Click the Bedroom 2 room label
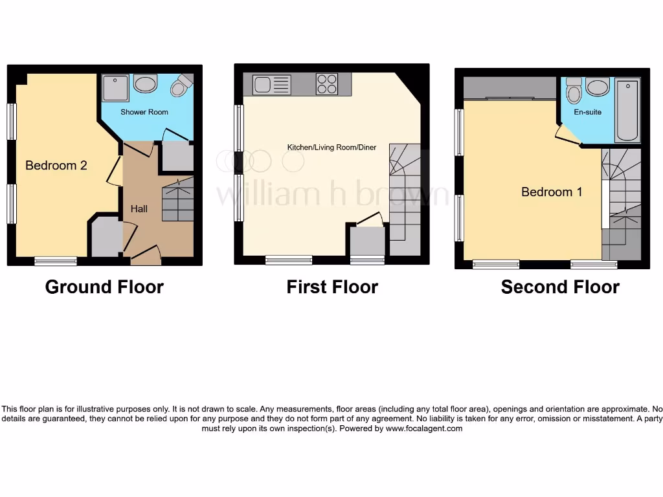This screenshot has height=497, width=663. pos(56,166)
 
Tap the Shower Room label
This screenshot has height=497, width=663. pos(144,112)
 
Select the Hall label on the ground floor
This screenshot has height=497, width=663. pos(139,208)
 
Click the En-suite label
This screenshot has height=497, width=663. pos(588,112)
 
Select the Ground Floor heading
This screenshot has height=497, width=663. pos(104,287)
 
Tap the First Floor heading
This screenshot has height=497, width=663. pos(332,287)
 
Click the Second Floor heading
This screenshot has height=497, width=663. pos(560,287)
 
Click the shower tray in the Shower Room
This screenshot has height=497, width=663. pos(115,88)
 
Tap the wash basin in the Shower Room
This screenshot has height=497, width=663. pos(146,84)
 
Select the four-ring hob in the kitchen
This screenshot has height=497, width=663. pos(326,84)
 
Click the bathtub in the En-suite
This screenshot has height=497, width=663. pos(627,110)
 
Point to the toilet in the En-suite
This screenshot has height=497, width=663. pos(574,92)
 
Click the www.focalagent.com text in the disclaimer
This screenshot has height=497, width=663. pos(424,428)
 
